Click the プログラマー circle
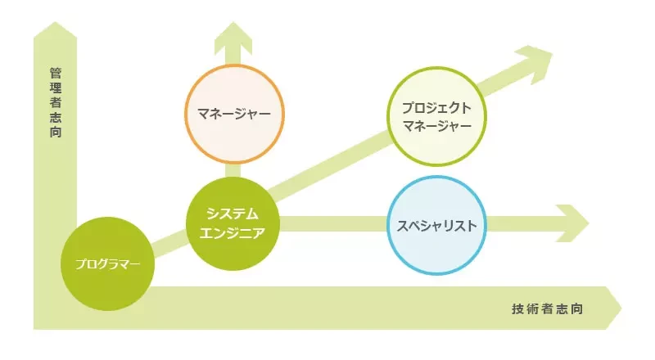108,264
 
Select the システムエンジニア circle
233,223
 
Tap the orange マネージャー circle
234,114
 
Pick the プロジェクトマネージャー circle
436,116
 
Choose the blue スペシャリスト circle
437,226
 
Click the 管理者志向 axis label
56,102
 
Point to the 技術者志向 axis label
547,309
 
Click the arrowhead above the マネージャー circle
233,38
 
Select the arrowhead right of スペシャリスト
573,223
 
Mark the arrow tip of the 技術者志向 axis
621,308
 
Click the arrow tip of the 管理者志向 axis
55,22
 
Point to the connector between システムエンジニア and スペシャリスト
333,224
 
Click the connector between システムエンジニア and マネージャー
233,170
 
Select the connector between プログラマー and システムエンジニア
169,243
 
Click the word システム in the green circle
233,214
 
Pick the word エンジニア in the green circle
233,233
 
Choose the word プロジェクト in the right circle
437,108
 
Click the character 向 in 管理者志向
56,132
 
